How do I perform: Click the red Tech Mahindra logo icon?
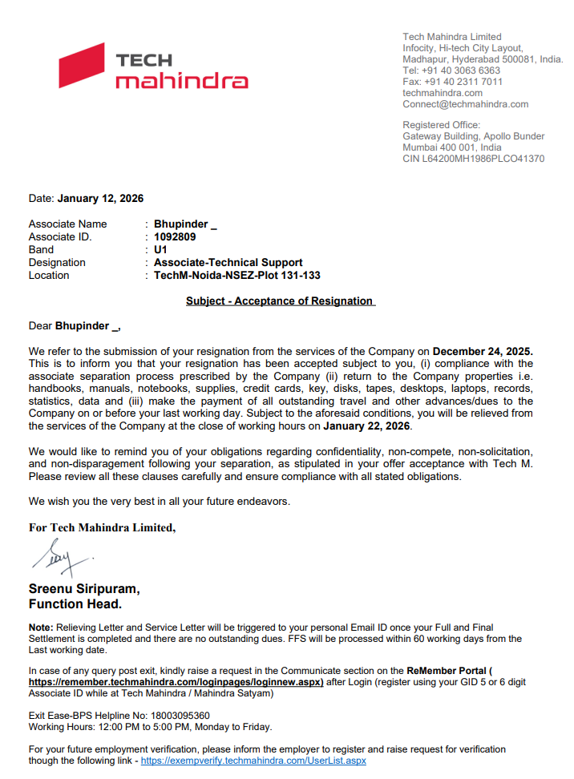point(82,66)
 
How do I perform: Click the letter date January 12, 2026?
point(100,198)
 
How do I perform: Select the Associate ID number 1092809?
point(175,236)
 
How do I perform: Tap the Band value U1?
point(160,249)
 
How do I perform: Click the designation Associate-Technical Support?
point(228,262)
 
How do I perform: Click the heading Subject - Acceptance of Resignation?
point(280,301)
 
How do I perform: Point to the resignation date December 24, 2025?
point(483,351)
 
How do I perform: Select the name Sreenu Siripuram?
point(84,589)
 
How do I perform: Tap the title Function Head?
point(75,603)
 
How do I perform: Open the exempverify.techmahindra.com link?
point(253,761)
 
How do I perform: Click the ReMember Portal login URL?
point(176,682)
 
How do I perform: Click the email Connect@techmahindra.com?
point(465,104)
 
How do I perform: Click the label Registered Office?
point(441,125)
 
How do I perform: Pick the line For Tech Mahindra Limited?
point(102,527)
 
